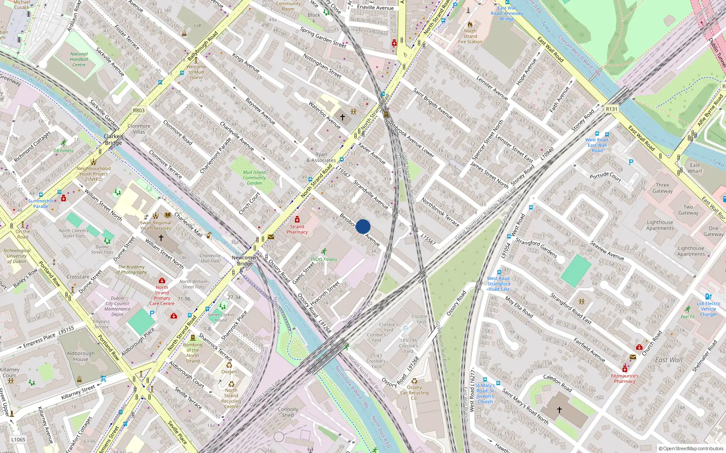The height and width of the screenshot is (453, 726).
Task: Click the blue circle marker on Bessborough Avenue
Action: click(363, 226)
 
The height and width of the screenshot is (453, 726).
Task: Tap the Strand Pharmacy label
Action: click(297, 229)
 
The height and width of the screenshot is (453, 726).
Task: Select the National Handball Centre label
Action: click(79, 59)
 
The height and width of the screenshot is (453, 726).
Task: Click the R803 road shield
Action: click(138, 111)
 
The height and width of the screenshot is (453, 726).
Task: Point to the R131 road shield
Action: click(612, 109)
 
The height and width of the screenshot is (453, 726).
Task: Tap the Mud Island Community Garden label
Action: click(254, 178)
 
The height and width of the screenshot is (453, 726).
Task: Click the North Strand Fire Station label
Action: click(470, 36)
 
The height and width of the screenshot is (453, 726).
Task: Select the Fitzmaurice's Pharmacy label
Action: click(624, 378)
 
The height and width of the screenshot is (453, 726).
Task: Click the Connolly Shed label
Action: click(288, 412)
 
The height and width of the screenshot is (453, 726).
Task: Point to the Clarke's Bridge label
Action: click(113, 140)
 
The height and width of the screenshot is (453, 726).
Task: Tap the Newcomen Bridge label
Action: click(245, 260)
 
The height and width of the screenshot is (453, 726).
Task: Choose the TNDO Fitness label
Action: click(324, 260)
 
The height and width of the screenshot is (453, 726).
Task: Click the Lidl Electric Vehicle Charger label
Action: click(708, 309)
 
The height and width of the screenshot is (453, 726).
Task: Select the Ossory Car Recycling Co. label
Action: click(414, 393)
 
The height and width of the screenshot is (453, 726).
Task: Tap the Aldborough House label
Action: click(81, 356)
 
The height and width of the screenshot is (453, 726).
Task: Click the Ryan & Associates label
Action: click(321, 157)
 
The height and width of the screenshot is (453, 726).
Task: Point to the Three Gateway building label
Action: click(662, 188)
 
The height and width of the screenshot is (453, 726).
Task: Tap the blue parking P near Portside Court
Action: click(631, 162)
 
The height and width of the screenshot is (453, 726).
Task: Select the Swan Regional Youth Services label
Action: click(156, 225)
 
